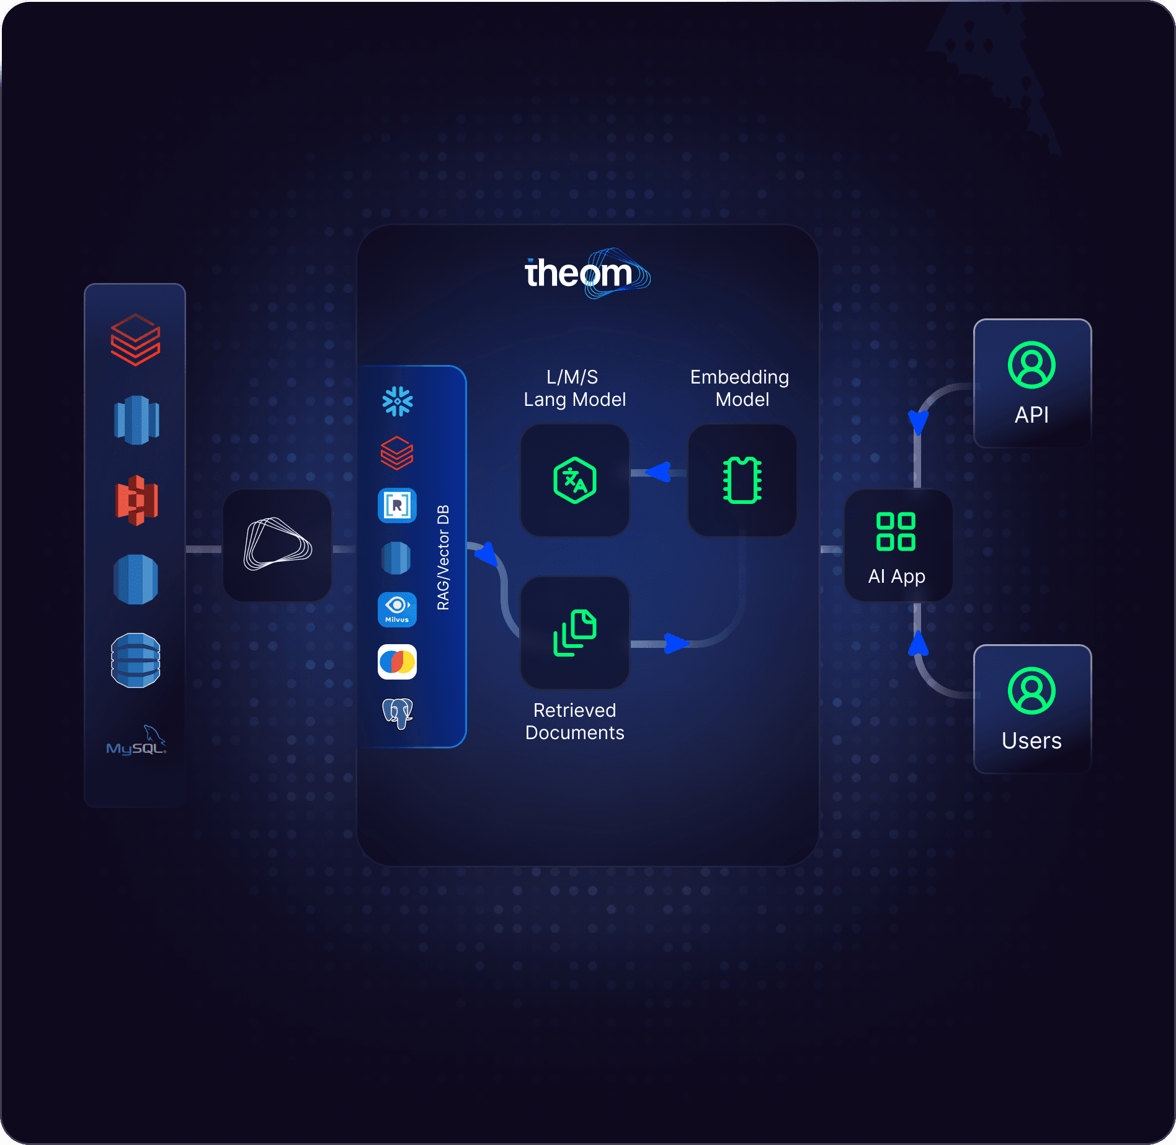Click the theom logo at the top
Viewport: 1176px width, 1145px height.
pos(586,273)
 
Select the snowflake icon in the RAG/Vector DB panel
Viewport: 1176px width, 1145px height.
pos(398,402)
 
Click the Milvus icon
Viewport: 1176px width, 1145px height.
pos(397,609)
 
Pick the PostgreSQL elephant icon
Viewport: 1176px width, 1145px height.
pos(398,712)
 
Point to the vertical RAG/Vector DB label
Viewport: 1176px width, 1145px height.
pos(443,557)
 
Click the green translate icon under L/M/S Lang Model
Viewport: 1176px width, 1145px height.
pos(575,480)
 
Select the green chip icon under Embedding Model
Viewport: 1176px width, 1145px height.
pos(742,480)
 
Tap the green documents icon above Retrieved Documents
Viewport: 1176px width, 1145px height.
pos(575,632)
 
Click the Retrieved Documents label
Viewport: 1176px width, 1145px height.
pos(575,722)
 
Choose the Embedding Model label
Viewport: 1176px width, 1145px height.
pos(740,388)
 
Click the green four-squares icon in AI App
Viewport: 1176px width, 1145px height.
pos(896,531)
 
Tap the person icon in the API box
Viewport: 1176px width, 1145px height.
pos(1031,365)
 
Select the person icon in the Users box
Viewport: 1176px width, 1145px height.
pos(1031,691)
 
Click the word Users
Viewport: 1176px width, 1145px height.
pos(1031,741)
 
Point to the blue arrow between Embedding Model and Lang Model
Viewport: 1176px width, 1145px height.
pos(659,472)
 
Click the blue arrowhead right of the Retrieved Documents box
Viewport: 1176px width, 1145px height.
pos(675,644)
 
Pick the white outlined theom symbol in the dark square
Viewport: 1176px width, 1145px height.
pos(277,544)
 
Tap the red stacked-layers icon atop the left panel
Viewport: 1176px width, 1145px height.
pos(136,339)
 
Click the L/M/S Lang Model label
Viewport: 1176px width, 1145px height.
pos(574,388)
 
